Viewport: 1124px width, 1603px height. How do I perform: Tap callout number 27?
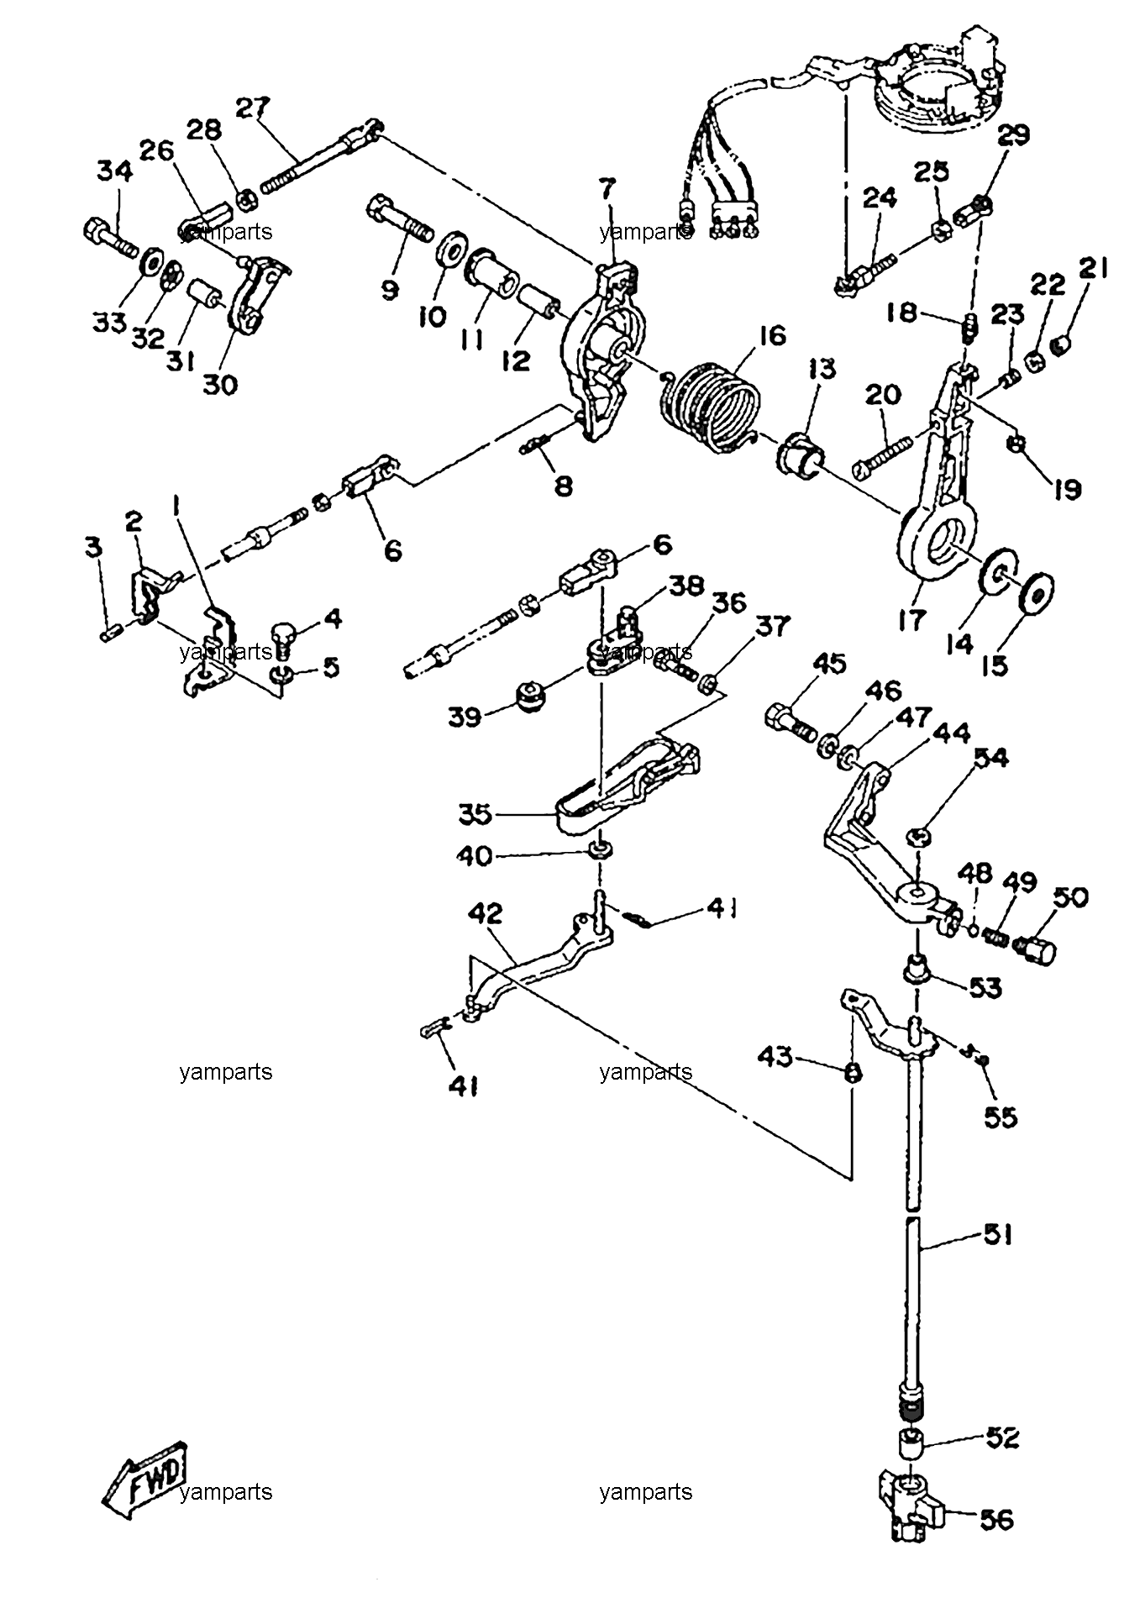tap(253, 109)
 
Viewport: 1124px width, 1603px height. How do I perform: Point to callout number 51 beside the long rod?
tap(996, 1236)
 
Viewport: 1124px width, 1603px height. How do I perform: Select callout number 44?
tap(952, 733)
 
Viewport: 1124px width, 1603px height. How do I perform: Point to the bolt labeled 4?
tap(282, 636)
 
